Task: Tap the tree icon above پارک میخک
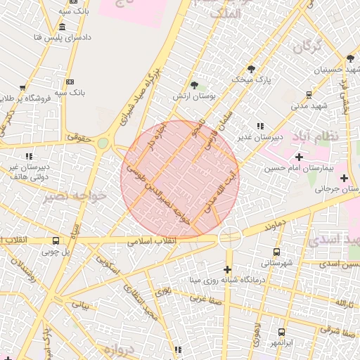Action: click(251, 69)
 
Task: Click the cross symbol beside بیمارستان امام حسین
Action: click(300, 156)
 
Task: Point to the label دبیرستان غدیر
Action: click(255, 136)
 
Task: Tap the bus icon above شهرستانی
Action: click(276, 251)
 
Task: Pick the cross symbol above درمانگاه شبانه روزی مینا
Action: click(227, 269)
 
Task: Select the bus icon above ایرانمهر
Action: click(281, 332)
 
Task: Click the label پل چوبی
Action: click(56, 250)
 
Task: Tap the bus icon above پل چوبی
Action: click(56, 239)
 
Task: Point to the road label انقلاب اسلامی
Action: click(152, 241)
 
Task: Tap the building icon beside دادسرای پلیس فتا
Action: click(63, 27)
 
